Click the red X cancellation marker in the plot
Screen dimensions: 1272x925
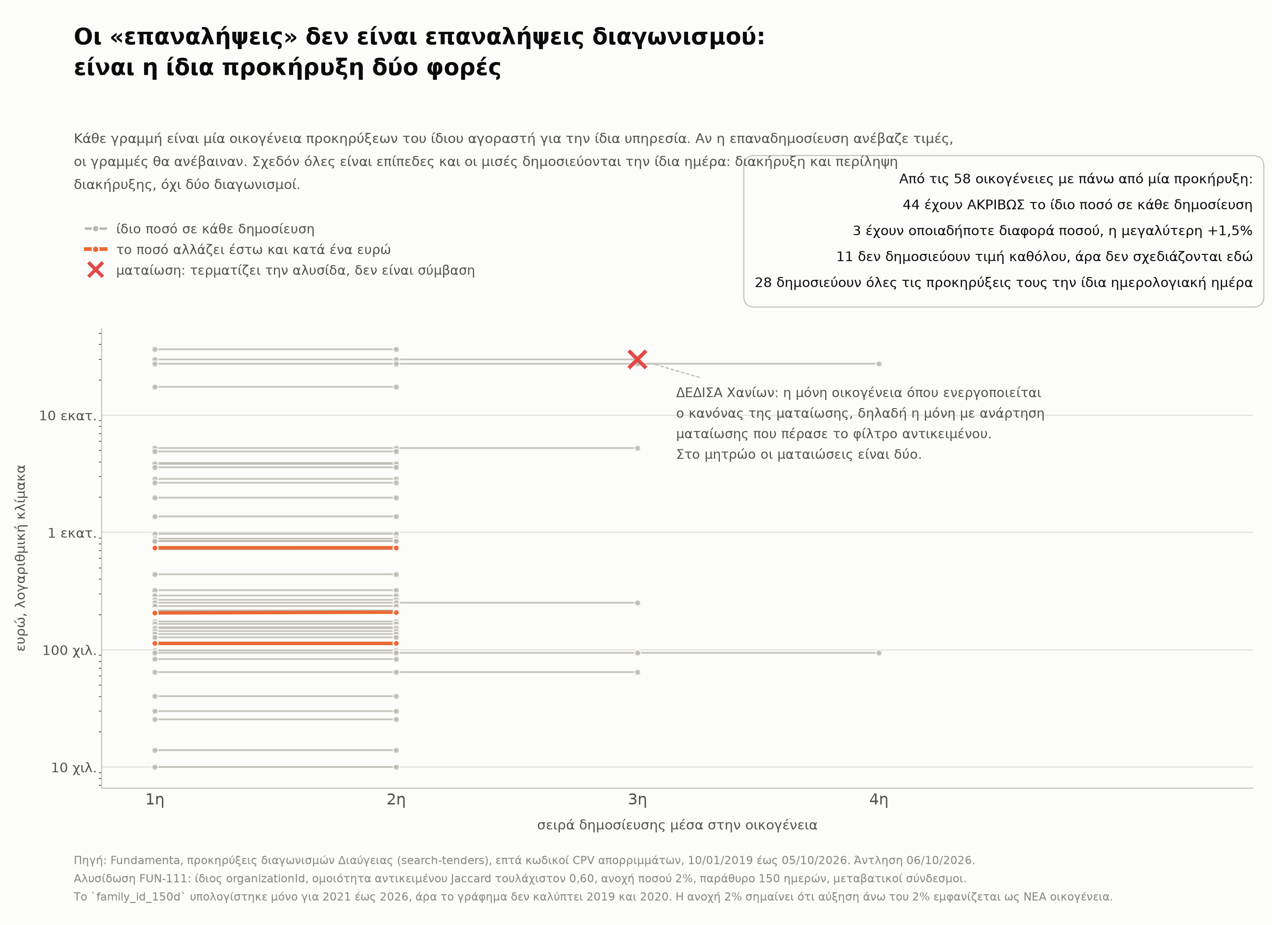pyautogui.click(x=637, y=359)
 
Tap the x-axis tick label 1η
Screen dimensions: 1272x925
pyautogui.click(x=155, y=799)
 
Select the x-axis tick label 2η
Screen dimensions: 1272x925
pyautogui.click(x=396, y=799)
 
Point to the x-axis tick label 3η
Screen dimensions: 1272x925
pyautogui.click(x=637, y=799)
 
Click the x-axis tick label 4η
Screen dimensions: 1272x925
pyautogui.click(x=879, y=799)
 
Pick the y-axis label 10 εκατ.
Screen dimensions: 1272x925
pyautogui.click(x=68, y=416)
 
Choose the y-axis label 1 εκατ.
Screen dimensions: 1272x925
pyautogui.click(x=72, y=533)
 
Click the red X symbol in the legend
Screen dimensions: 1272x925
pyautogui.click(x=95, y=270)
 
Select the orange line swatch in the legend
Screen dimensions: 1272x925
pyautogui.click(x=95, y=249)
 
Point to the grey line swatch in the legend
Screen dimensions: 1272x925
pyautogui.click(x=95, y=229)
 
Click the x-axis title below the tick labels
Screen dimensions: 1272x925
pyautogui.click(x=677, y=825)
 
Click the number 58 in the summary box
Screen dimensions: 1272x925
pyautogui.click(x=962, y=179)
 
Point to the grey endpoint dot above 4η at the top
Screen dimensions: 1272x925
pyautogui.click(x=879, y=364)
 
